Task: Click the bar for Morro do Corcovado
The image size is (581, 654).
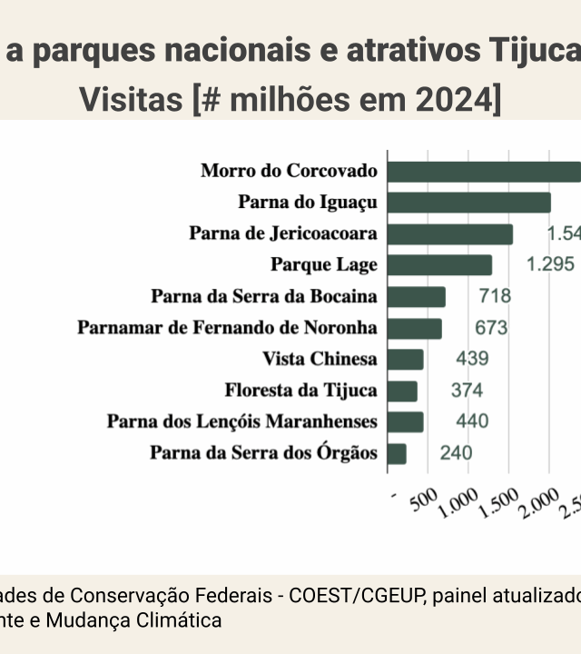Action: tap(485, 172)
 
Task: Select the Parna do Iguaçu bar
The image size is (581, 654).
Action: tap(469, 203)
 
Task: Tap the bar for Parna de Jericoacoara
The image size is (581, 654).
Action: tap(450, 234)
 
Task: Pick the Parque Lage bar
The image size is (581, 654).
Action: tap(440, 265)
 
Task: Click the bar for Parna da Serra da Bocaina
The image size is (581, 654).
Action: tap(417, 297)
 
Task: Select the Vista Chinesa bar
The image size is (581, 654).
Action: tap(406, 360)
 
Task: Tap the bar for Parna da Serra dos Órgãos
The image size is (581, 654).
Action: tap(397, 453)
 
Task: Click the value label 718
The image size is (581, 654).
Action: tap(495, 296)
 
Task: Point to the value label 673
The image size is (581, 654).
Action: tap(491, 328)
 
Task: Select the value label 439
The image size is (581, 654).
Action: tap(472, 359)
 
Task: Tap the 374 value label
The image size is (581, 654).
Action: tap(467, 391)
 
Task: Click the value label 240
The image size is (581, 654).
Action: tap(456, 453)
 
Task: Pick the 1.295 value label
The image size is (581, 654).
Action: tap(551, 264)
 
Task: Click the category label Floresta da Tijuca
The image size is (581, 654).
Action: tap(300, 391)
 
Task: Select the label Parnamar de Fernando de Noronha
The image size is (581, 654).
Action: tap(227, 328)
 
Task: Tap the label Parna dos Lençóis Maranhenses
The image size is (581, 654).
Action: tap(241, 421)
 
